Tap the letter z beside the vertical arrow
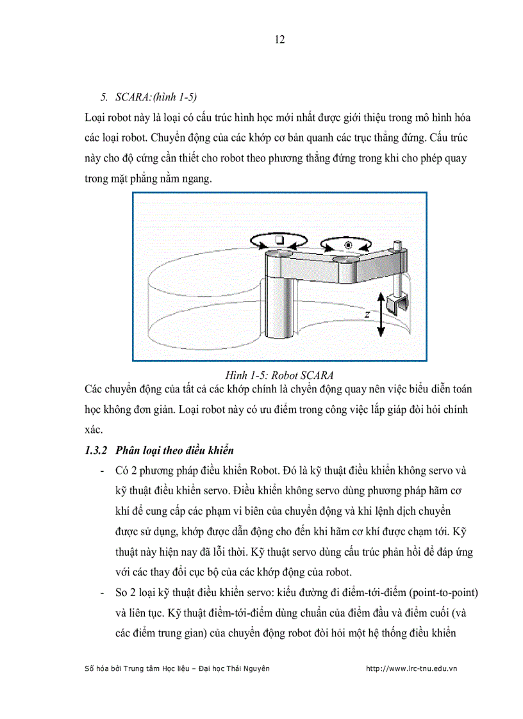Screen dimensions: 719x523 click(x=367, y=315)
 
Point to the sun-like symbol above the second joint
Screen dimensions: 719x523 click(x=348, y=245)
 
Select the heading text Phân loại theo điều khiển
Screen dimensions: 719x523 click(x=174, y=451)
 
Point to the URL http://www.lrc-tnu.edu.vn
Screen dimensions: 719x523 click(x=411, y=668)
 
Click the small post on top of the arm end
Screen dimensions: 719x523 click(x=397, y=245)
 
